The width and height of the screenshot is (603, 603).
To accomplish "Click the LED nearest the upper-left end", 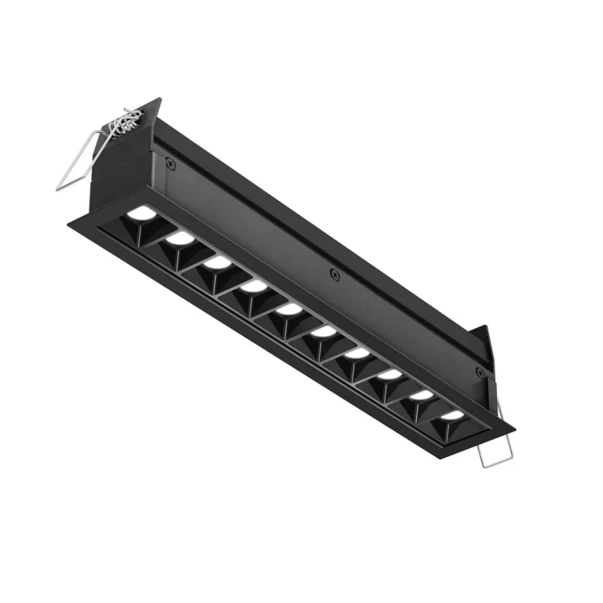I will coord(141,212).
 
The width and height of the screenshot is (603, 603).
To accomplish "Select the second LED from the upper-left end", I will coord(180,237).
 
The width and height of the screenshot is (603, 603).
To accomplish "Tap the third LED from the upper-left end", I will coord(217,262).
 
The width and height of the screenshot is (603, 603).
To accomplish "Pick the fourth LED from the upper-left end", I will coord(254,287).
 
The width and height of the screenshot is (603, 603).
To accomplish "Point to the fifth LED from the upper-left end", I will coord(289,309).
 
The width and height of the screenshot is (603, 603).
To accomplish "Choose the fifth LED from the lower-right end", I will coord(323,332).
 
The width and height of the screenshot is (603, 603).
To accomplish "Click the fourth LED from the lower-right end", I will coord(356,354).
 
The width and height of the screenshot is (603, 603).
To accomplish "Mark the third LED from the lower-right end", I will coord(389,375).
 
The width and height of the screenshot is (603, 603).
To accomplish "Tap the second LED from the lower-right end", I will coord(422,396).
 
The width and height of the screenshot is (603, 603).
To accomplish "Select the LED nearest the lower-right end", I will coord(452,415).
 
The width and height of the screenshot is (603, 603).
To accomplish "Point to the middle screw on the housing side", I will coord(335,274).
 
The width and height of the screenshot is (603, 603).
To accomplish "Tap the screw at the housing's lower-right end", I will coord(478,370).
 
